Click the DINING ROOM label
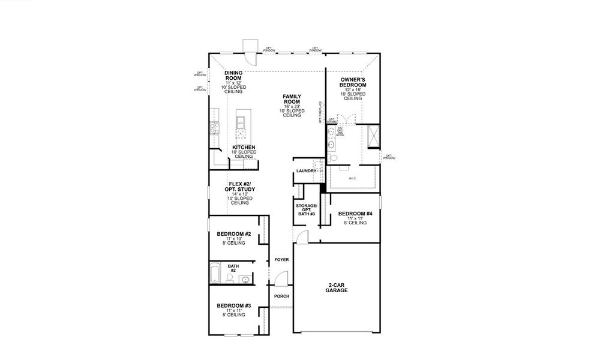pyautogui.click(x=233, y=76)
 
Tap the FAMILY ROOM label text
pyautogui.click(x=292, y=100)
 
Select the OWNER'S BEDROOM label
pyautogui.click(x=352, y=83)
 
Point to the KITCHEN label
pyautogui.click(x=244, y=148)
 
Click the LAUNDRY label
pyautogui.click(x=305, y=172)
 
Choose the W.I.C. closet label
pyautogui.click(x=352, y=178)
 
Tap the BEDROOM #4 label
pyautogui.click(x=355, y=214)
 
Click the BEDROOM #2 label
pyautogui.click(x=233, y=234)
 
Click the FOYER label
pyautogui.click(x=281, y=260)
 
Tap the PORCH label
pyautogui.click(x=281, y=296)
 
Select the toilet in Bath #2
pyautogui.click(x=230, y=278)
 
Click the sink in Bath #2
pyautogui.click(x=245, y=279)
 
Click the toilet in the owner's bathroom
pyautogui.click(x=334, y=157)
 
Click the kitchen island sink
pyautogui.click(x=241, y=123)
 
